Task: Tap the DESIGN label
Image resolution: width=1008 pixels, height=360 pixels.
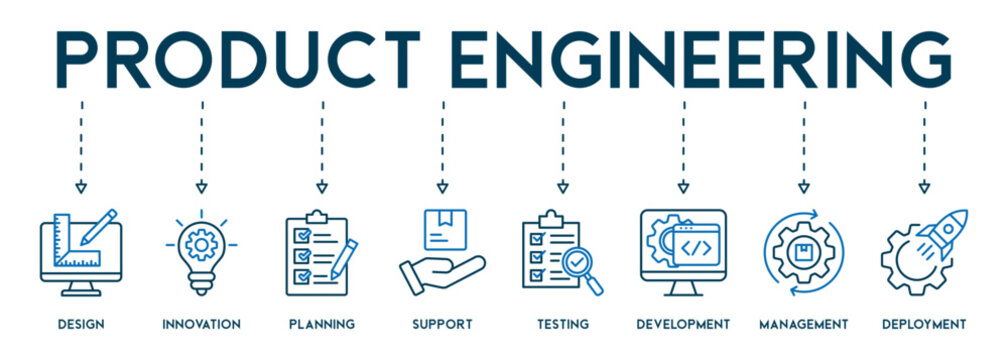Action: (81, 324)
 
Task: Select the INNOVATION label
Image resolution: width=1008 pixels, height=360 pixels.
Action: (201, 324)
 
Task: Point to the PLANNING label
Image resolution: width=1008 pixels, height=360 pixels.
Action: (321, 324)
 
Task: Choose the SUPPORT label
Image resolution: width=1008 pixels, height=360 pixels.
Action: (442, 324)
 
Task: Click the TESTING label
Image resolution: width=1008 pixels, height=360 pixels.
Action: (562, 324)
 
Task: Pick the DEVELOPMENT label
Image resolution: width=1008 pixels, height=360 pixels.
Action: (683, 324)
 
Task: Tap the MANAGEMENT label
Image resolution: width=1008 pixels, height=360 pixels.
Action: (803, 324)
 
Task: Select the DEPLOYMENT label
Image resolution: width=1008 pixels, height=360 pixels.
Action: (924, 324)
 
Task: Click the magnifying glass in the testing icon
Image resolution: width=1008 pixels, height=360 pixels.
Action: (580, 268)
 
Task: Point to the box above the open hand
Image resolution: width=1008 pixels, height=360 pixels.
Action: (442, 228)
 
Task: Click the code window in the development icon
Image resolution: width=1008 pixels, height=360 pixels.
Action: (696, 244)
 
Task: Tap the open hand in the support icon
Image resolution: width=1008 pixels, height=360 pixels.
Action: (440, 272)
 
